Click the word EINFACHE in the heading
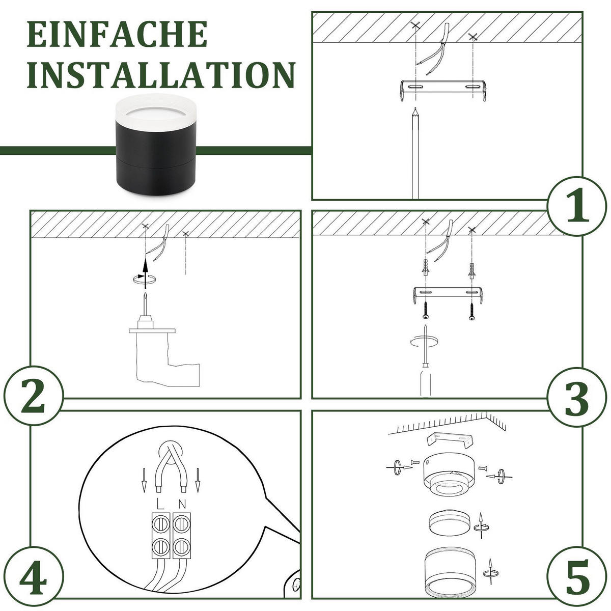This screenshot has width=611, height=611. (117, 34)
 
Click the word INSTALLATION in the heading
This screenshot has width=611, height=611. (161, 75)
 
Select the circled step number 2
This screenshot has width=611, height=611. (33, 396)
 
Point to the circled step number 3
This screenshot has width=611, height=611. (577, 397)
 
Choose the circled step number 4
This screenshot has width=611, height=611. (33, 577)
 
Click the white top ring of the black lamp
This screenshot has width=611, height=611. (156, 112)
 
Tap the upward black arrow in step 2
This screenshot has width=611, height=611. (145, 273)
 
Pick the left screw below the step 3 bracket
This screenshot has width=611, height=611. (426, 311)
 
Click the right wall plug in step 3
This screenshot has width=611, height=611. (471, 270)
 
